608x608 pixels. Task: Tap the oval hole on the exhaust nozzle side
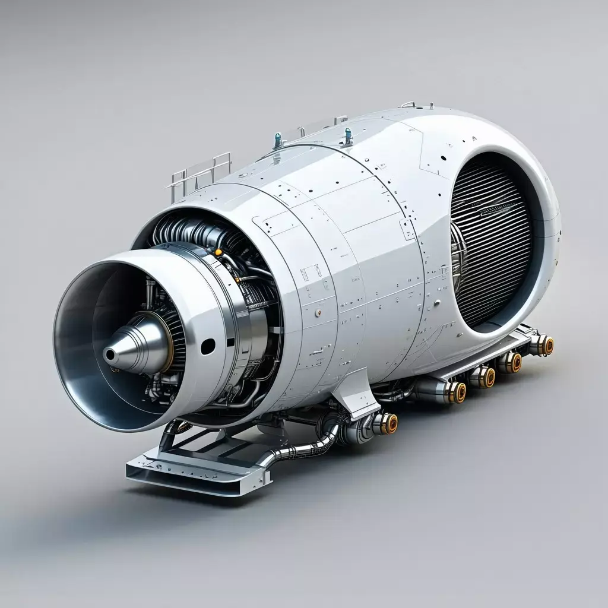point(207,346)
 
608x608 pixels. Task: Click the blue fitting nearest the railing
point(277,140)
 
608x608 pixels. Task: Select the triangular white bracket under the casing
point(356,392)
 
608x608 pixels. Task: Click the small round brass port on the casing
point(318,312)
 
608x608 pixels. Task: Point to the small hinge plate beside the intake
point(407,229)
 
